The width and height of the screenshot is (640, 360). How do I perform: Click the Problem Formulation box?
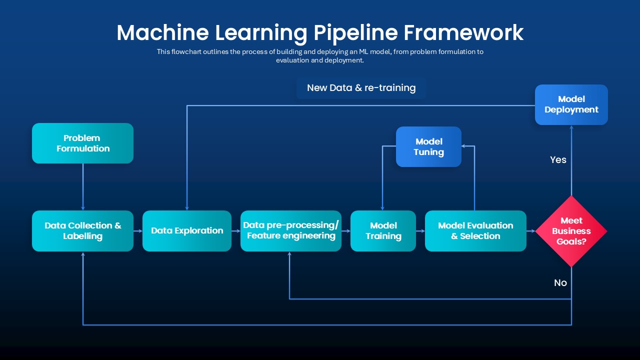pos(82,143)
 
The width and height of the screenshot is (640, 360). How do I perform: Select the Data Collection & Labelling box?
pos(82,230)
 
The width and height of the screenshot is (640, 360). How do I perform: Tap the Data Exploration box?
pos(187,230)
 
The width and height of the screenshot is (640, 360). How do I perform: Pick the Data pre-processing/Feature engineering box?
pos(291,230)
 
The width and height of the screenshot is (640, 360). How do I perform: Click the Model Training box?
pos(383,230)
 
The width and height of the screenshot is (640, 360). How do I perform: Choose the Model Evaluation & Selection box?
pos(475,230)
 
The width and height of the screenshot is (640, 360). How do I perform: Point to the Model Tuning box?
pos(428,146)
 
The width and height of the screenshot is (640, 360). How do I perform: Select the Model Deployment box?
pos(571,104)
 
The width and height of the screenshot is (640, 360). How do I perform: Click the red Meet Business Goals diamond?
pos(571,230)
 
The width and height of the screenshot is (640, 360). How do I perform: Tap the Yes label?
pos(558,160)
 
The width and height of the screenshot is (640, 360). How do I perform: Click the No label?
pos(560,283)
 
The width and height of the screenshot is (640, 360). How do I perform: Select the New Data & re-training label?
pos(361,88)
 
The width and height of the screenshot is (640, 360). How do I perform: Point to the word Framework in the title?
pos(463,32)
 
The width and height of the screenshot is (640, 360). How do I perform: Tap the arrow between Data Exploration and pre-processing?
pos(236,231)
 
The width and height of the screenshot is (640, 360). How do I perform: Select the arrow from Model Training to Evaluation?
pos(420,231)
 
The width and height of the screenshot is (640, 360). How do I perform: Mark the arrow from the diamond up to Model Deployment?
pos(571,160)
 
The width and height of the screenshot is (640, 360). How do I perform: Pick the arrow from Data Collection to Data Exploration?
pos(138,231)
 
